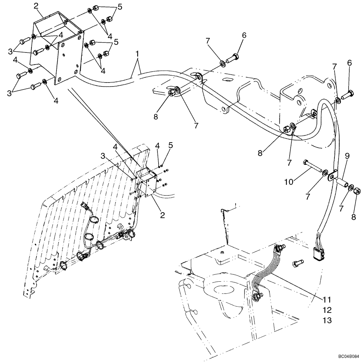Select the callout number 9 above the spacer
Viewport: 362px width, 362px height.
pos(347,156)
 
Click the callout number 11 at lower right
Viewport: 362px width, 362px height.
pos(328,300)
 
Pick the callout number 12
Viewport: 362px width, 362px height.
pos(328,310)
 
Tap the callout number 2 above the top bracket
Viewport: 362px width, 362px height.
pos(36,6)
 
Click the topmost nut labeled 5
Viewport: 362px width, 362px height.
pos(96,8)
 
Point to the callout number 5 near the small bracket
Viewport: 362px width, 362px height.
pos(171,146)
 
